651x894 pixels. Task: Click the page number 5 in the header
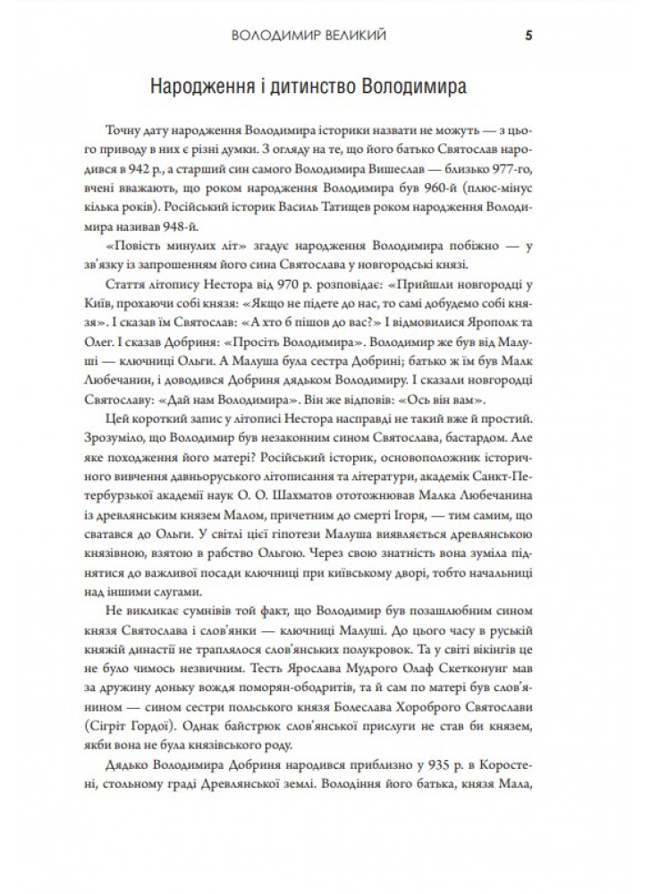pos(529,37)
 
